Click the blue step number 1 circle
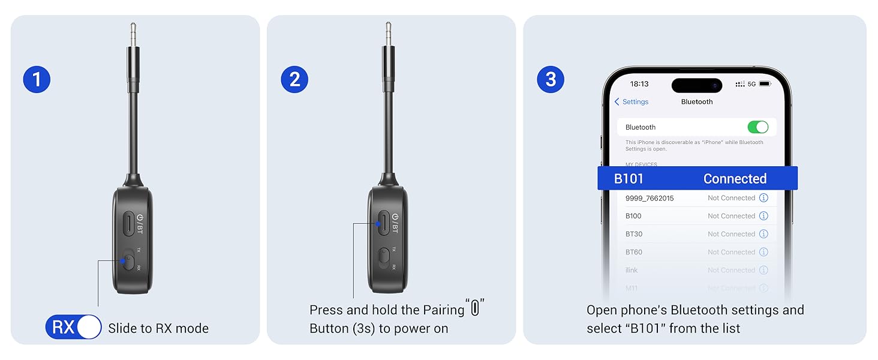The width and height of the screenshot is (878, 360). pos(37,79)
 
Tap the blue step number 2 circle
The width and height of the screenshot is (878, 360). pos(294,79)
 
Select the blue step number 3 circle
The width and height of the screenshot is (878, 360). pos(551,79)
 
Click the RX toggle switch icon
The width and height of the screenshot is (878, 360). pos(73,327)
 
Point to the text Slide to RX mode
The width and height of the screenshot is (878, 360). pos(158,328)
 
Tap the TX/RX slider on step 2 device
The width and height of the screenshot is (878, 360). pos(384,258)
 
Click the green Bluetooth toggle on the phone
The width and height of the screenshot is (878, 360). pos(757,127)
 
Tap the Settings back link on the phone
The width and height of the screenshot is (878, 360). pos(631,102)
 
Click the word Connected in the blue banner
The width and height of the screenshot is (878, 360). pos(735,179)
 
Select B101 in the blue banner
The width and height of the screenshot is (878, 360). pos(629,179)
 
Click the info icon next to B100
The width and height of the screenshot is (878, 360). pos(763,216)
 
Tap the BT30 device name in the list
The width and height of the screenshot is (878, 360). pos(634,234)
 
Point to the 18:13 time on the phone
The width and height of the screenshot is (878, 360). pos(640,84)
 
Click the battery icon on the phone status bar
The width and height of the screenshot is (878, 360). pos(765,84)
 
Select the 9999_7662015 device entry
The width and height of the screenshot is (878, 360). pos(650,198)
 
